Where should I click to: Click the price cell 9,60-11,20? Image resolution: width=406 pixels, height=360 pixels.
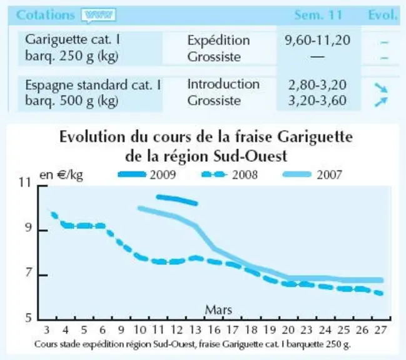(x=317, y=41)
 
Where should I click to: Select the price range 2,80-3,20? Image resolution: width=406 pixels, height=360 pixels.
(x=317, y=85)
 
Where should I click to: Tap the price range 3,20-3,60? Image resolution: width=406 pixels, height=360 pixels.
(x=317, y=101)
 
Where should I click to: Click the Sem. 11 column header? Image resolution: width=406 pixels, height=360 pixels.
(x=318, y=15)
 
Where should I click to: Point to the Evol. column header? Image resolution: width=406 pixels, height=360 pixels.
(x=382, y=15)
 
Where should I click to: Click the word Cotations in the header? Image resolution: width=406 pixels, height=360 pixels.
(x=46, y=15)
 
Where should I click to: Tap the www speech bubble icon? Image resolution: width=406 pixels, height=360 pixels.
(x=98, y=16)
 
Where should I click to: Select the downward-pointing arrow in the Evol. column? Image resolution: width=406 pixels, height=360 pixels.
(x=381, y=87)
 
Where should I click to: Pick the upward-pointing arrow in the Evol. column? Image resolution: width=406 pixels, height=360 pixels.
(x=381, y=102)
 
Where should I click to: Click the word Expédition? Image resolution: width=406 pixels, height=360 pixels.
(x=218, y=41)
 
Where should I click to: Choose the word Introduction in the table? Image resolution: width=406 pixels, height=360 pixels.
(x=223, y=84)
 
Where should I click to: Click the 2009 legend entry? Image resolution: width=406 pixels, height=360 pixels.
(x=147, y=175)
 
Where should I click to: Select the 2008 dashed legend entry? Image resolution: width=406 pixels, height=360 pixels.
(x=230, y=175)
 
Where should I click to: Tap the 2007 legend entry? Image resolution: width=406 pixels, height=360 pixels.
(x=313, y=175)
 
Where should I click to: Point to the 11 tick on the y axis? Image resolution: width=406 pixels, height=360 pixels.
(x=25, y=183)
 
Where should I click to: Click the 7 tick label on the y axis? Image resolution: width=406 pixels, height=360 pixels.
(x=28, y=273)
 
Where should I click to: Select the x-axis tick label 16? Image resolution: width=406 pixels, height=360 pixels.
(x=214, y=330)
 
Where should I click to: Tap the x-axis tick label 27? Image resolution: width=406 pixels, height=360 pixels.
(x=380, y=330)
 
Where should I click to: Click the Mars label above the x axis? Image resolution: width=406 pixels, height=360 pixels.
(x=218, y=309)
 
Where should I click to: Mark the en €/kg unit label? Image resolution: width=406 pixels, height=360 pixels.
(x=61, y=176)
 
